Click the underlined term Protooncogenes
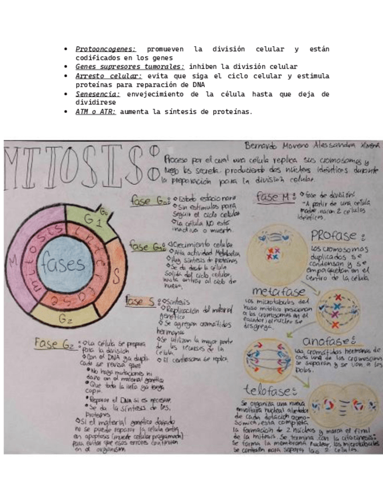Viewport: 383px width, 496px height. pos(105,49)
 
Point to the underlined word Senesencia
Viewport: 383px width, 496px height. pos(98,94)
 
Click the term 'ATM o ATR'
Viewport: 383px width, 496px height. pos(95,111)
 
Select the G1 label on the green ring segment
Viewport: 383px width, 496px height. pos(99,222)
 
